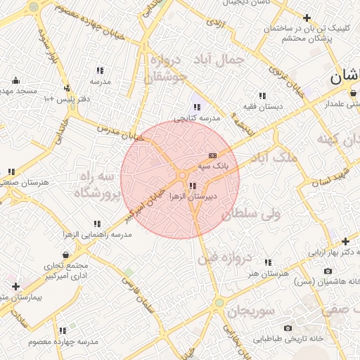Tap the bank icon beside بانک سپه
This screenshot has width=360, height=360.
(x=212, y=155)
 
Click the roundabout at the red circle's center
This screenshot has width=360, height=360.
(x=182, y=175)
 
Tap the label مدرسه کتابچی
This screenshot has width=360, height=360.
(x=197, y=118)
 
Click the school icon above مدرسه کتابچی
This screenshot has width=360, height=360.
(x=197, y=108)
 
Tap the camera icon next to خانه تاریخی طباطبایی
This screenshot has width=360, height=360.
(x=288, y=328)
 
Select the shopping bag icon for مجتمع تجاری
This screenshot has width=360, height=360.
(x=65, y=255)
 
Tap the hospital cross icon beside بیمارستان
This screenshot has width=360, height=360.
(x=15, y=286)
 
